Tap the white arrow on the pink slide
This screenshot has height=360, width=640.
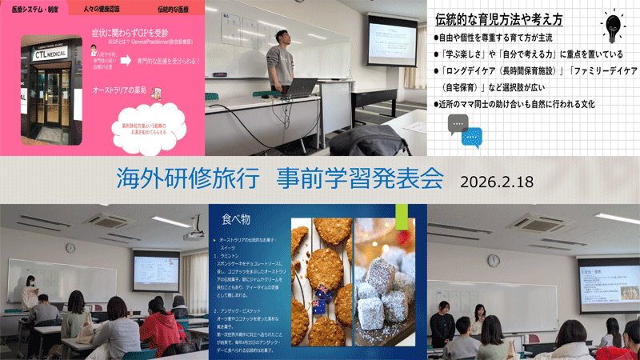(x=130, y=84)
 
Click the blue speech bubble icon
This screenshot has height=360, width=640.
(x=473, y=138)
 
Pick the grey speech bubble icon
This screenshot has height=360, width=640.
(x=458, y=122)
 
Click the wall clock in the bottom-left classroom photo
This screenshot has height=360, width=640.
(x=70, y=247)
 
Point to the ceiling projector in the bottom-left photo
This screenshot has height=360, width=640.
(x=193, y=234)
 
